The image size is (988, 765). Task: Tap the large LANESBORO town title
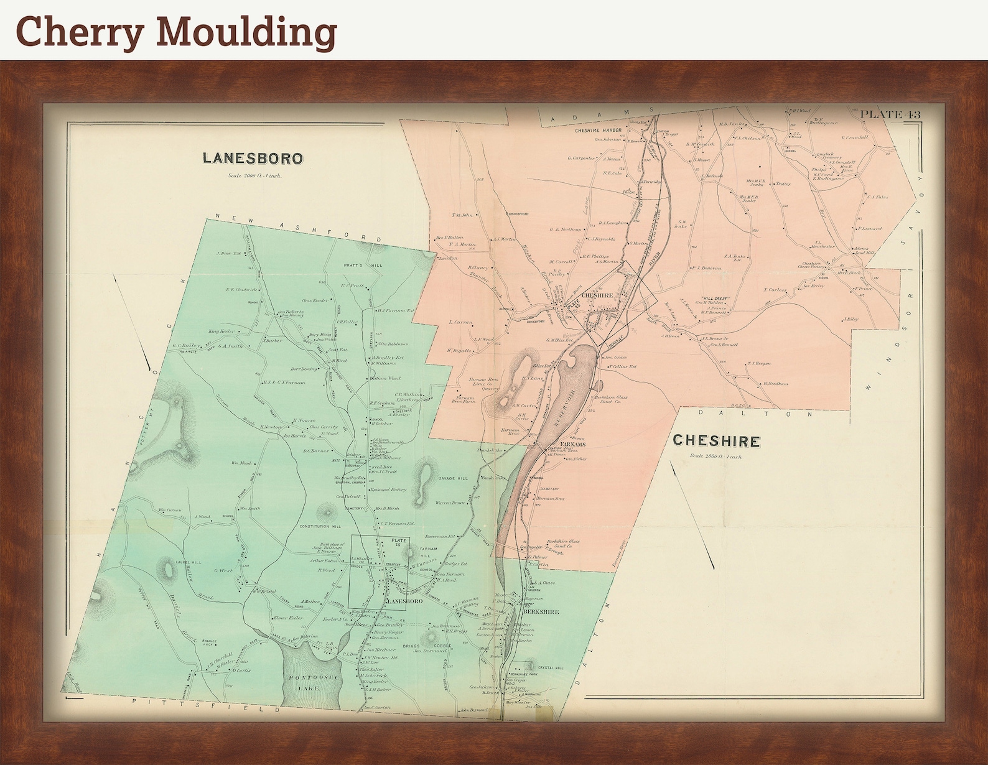coord(253,158)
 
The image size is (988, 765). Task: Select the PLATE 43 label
coord(890,114)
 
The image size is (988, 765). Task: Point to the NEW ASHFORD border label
coord(298,228)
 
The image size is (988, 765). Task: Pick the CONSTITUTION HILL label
coord(320,527)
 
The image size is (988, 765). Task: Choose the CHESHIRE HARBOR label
coord(599,130)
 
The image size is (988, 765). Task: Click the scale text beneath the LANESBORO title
coord(254,176)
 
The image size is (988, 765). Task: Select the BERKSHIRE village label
coord(541,611)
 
